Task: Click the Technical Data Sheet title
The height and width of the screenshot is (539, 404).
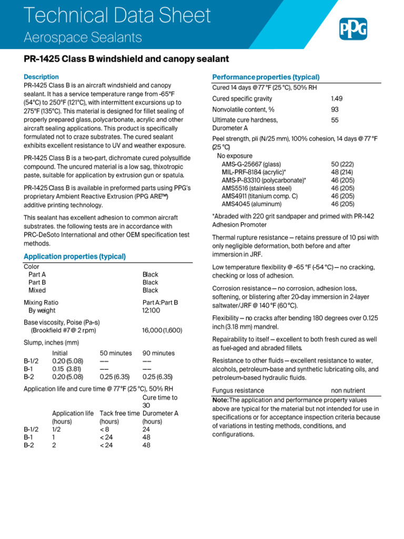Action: pyautogui.click(x=118, y=15)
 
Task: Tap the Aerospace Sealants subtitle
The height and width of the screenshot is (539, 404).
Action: pyautogui.click(x=83, y=37)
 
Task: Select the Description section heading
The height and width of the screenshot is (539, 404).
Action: pyautogui.click(x=41, y=77)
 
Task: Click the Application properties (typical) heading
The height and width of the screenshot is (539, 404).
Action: pyautogui.click(x=75, y=256)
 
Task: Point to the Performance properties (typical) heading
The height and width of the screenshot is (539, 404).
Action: pyautogui.click(x=266, y=77)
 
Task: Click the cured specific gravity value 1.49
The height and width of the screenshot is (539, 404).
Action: pyautogui.click(x=336, y=98)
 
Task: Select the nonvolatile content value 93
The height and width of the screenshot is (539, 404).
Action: pyautogui.click(x=335, y=109)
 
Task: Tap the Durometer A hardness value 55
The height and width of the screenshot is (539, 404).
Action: pyautogui.click(x=335, y=120)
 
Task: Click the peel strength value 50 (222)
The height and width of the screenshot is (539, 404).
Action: pyautogui.click(x=342, y=164)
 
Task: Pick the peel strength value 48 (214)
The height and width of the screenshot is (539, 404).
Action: pyautogui.click(x=342, y=172)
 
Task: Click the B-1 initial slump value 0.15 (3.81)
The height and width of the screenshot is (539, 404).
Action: pyautogui.click(x=66, y=369)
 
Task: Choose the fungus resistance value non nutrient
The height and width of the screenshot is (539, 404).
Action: pyautogui.click(x=348, y=391)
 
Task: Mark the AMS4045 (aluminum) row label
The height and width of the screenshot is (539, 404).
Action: pyautogui.click(x=251, y=204)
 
